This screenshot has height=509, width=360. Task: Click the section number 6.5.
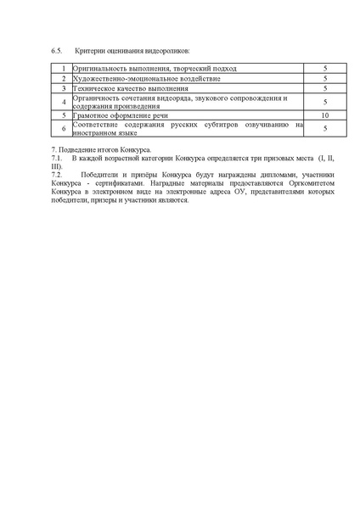[57, 51]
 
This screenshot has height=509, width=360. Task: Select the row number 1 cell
[62, 68]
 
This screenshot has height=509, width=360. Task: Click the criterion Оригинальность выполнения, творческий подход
[154, 68]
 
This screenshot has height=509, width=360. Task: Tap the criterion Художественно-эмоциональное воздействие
[140, 78]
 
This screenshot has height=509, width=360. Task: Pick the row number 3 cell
[62, 88]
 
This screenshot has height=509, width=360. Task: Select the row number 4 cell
[62, 102]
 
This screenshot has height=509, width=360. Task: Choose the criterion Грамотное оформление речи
[121, 115]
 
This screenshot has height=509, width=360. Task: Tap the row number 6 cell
[62, 128]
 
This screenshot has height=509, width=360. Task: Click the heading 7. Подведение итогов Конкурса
[100, 150]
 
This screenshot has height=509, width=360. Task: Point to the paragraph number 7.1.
[57, 158]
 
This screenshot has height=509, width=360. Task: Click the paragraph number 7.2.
[57, 174]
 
